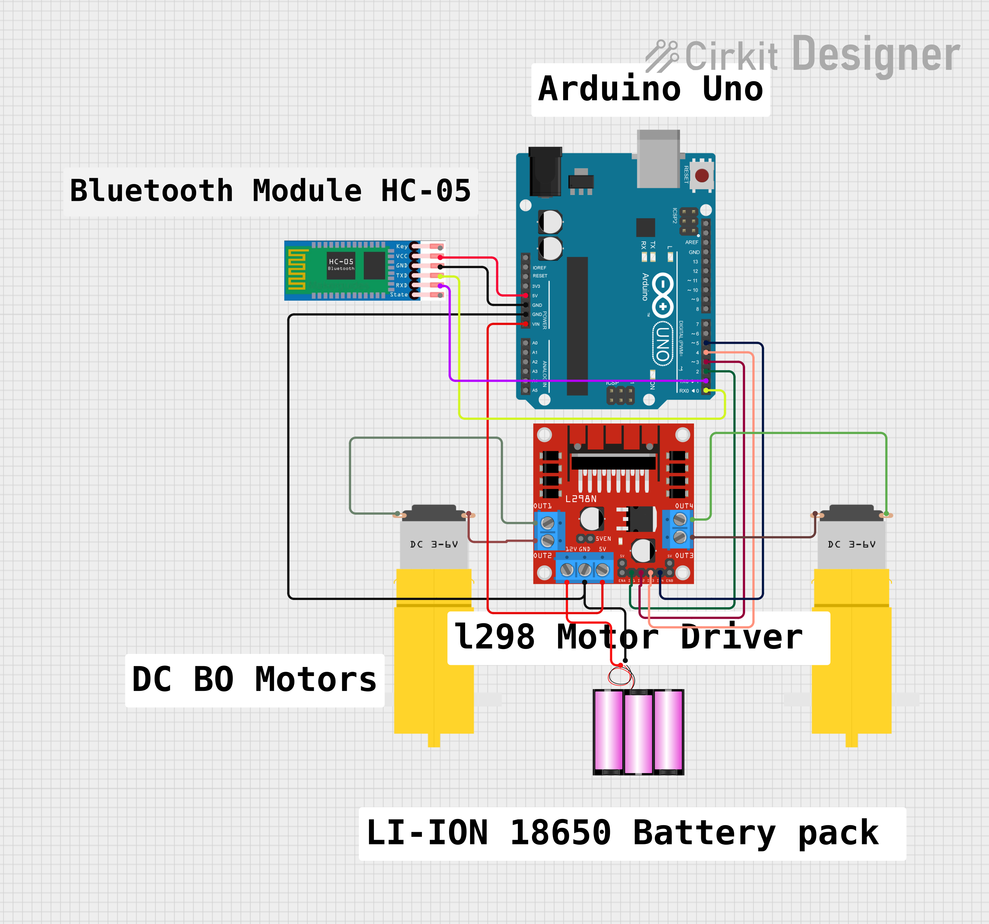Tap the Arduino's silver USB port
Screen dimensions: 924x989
click(658, 160)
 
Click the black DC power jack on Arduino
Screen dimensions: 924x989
click(545, 172)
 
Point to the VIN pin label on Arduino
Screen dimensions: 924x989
click(536, 324)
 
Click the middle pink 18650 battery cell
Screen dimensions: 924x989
click(638, 733)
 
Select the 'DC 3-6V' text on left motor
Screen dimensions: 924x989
click(434, 544)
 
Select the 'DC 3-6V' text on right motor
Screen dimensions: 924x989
click(851, 544)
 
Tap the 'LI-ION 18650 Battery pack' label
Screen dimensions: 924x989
click(622, 833)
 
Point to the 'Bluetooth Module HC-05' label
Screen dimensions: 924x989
click(270, 191)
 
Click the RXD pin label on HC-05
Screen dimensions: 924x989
click(401, 285)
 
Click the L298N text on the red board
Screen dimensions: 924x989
click(581, 499)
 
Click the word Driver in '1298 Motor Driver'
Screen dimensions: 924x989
click(741, 638)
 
